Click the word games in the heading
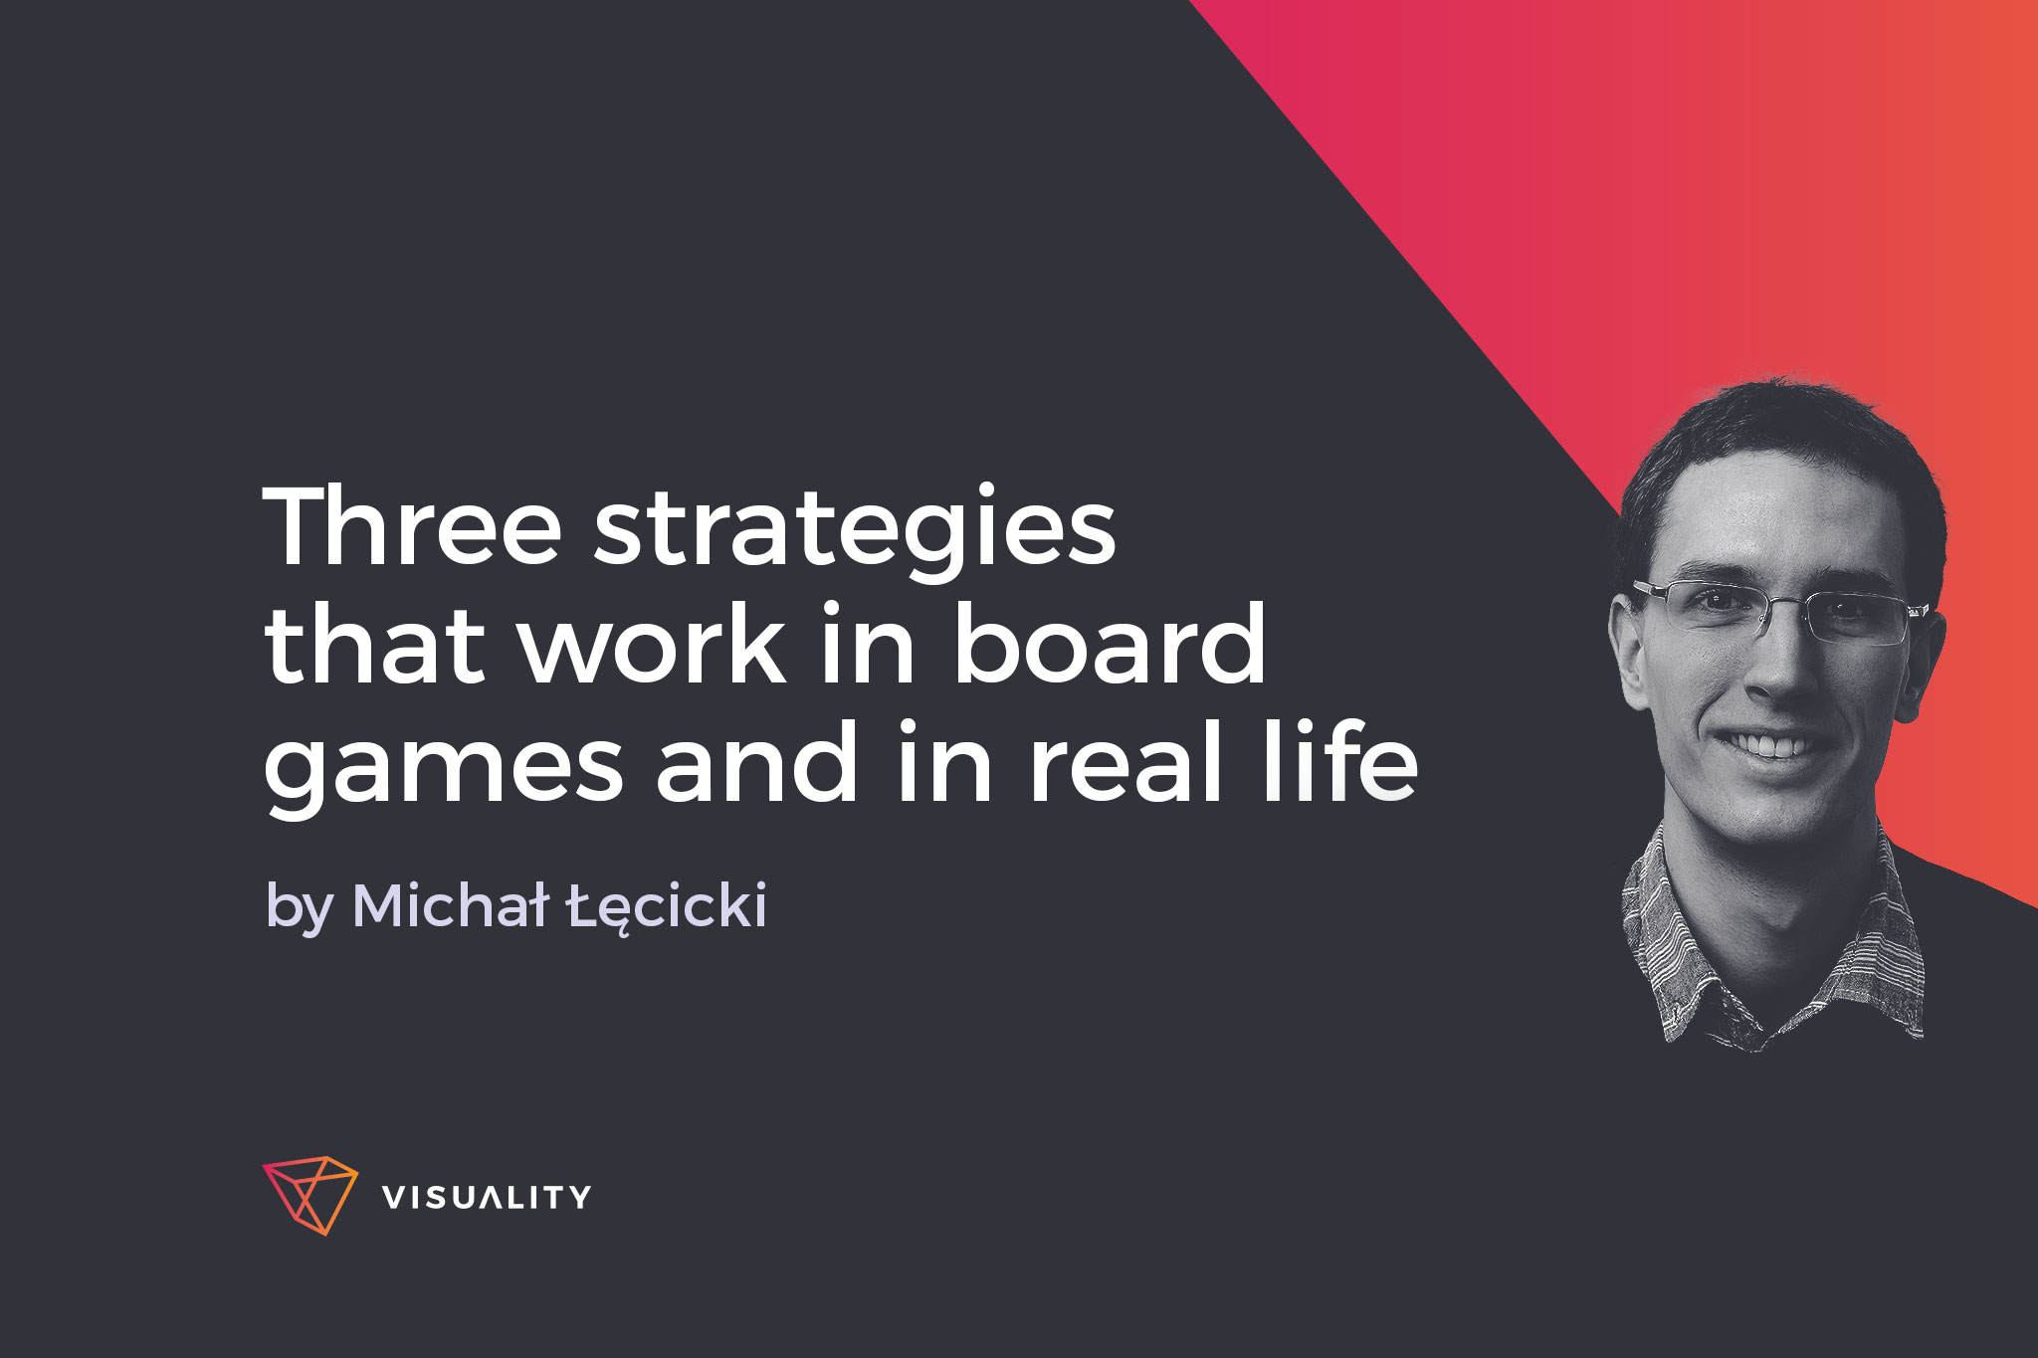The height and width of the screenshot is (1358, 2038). pyautogui.click(x=443, y=771)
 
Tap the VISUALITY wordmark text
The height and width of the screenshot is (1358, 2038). pyautogui.click(x=487, y=1197)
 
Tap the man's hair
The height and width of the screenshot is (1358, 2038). pyautogui.click(x=1781, y=448)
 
